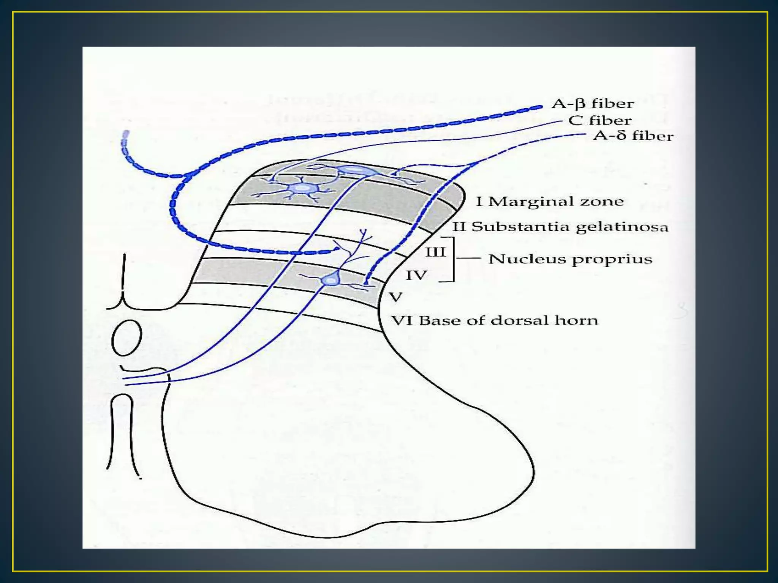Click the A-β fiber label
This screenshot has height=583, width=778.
coord(593,104)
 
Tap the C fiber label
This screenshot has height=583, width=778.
coord(600,121)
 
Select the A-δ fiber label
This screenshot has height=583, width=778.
coord(633,136)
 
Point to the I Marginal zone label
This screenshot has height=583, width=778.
coord(550,202)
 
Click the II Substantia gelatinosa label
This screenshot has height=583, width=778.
coord(560,227)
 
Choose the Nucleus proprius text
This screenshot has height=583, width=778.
coord(570,259)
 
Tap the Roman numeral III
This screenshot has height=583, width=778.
coord(435,252)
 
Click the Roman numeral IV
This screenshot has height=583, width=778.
coord(416,275)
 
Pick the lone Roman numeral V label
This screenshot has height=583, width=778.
coord(396,296)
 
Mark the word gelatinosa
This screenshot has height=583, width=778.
coord(622,227)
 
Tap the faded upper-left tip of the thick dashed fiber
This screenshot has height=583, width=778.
coord(125,135)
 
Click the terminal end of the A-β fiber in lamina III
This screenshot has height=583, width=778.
coord(336,249)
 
